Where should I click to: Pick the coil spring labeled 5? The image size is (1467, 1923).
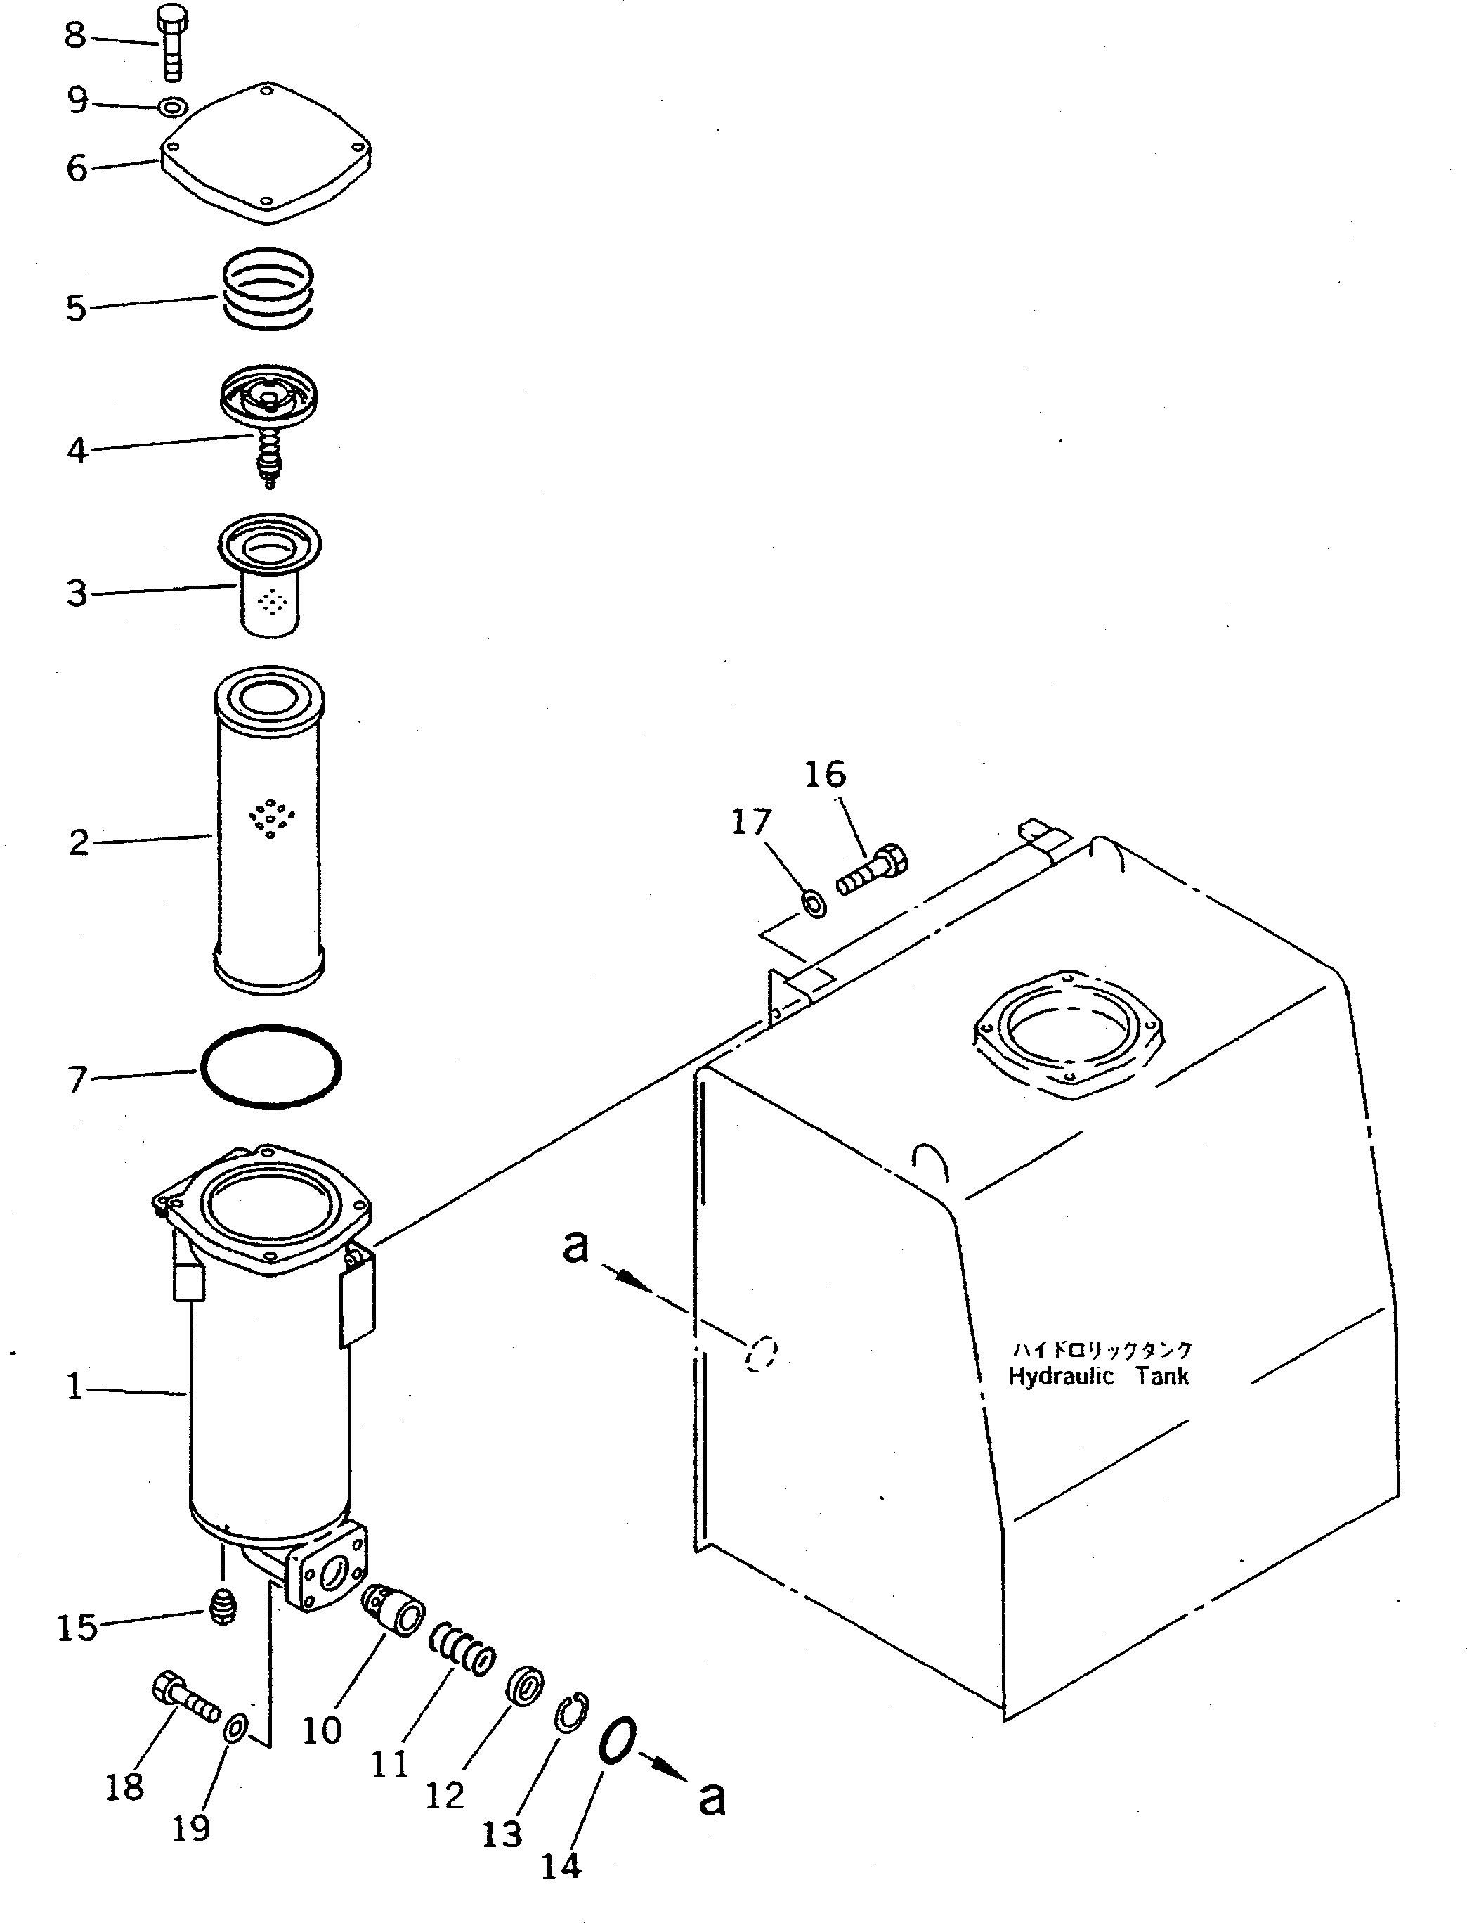point(266,289)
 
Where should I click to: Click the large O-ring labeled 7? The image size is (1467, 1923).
point(270,1067)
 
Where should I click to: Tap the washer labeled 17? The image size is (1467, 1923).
point(814,903)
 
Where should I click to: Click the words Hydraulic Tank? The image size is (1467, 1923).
point(1099,1376)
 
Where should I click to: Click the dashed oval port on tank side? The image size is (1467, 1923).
point(761,1354)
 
